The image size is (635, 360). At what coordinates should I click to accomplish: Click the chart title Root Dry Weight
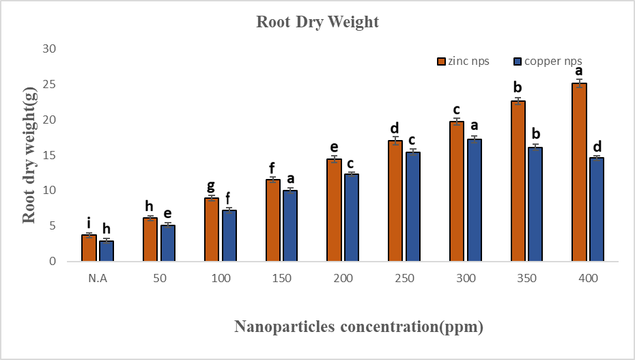tap(317, 22)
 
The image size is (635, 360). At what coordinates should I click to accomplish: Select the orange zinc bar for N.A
tap(89, 248)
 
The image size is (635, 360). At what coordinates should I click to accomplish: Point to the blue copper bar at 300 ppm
tap(475, 200)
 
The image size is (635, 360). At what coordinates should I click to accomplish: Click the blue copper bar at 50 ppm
tap(168, 243)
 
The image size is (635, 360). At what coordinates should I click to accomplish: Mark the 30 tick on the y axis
tap(49, 49)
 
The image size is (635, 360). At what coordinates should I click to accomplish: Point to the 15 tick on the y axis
tap(49, 155)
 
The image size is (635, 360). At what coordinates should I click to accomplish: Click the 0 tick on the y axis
tap(53, 261)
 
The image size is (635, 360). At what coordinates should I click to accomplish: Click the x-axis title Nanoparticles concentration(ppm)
tap(359, 327)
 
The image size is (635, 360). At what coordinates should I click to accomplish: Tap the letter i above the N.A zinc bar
tap(89, 222)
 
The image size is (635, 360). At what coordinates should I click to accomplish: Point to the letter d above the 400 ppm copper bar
tap(597, 146)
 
